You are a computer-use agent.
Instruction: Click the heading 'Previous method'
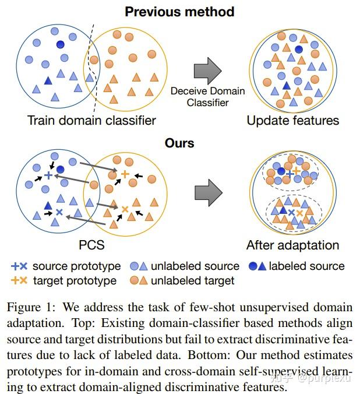tap(179, 12)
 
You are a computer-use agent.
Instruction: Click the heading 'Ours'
tap(179, 143)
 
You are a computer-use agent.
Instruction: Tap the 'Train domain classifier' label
tap(91, 121)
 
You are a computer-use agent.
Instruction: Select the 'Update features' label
tap(292, 121)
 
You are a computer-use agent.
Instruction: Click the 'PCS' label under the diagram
tap(91, 244)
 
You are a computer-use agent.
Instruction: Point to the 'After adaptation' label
tap(292, 245)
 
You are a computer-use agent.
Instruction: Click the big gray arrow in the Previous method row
tap(208, 70)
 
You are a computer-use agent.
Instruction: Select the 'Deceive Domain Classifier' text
tap(208, 97)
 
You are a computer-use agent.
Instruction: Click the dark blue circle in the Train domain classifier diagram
tap(61, 44)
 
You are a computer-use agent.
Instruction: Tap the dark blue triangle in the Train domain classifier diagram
tap(48, 81)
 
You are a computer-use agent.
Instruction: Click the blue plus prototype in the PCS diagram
tap(48, 175)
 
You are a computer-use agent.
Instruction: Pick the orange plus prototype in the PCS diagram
tap(125, 174)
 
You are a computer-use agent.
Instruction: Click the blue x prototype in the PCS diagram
tap(59, 213)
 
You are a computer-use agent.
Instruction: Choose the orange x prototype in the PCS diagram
tap(124, 209)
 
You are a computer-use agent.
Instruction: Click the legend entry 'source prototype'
tap(76, 266)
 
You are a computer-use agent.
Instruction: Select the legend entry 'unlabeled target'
tap(192, 281)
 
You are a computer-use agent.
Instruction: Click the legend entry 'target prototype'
tap(74, 281)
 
